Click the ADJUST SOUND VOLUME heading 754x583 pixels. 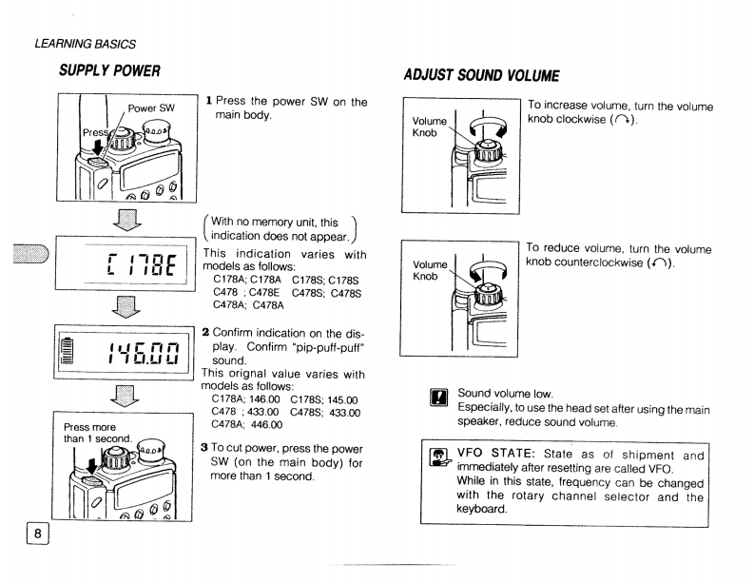tap(467, 75)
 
